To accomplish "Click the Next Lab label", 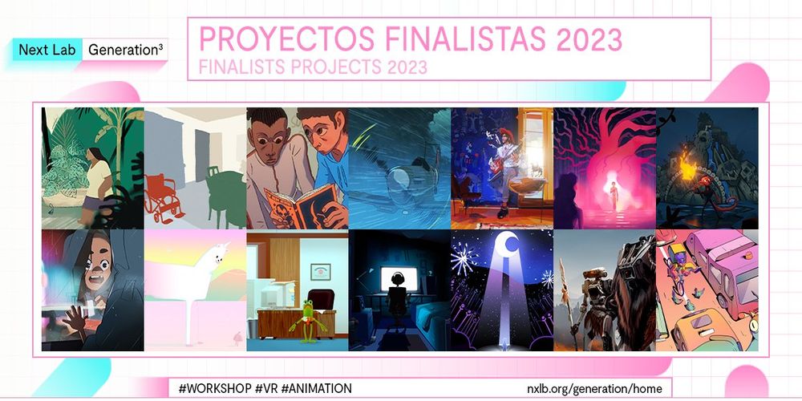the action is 47,50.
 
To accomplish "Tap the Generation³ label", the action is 125,50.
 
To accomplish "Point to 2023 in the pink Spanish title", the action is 589,39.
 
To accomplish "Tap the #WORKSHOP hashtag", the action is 214,388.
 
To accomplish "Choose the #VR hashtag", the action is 267,388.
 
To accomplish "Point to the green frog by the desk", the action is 309,321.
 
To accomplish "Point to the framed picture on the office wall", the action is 320,272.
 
